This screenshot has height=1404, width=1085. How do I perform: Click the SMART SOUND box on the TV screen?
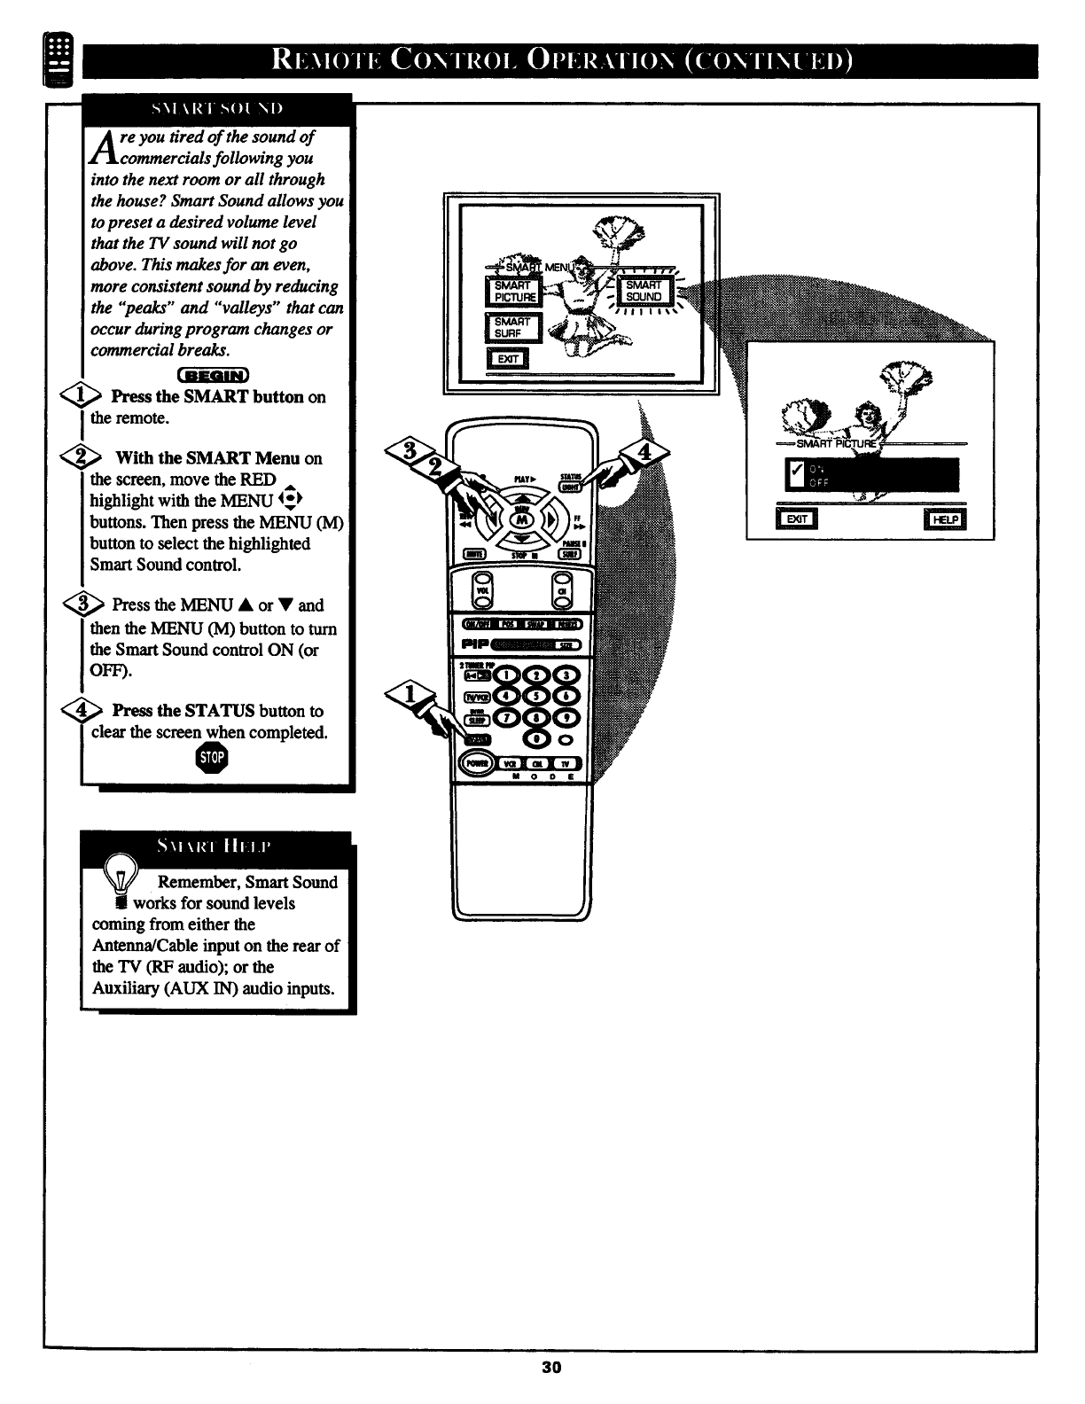click(x=644, y=291)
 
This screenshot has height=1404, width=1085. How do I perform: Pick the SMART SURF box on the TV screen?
click(x=512, y=327)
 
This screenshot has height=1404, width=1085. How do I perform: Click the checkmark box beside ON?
click(x=795, y=475)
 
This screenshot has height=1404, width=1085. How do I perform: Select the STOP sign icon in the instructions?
click(x=213, y=758)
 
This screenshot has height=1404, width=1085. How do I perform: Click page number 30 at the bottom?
click(x=551, y=1367)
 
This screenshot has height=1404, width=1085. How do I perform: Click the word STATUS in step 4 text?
click(x=219, y=711)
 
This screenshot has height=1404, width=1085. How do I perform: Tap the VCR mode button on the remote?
click(x=511, y=763)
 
